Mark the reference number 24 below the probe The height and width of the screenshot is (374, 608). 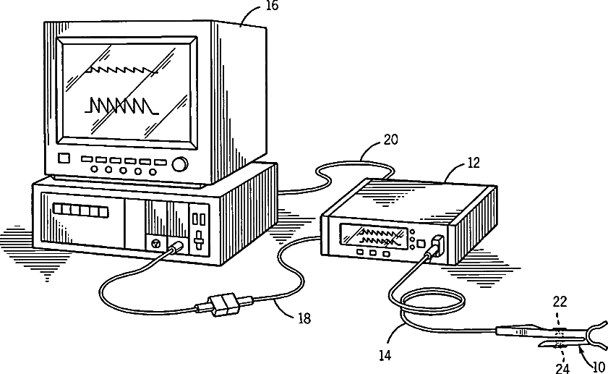[562, 367]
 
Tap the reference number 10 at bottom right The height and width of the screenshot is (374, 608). [598, 367]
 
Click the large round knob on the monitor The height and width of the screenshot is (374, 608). [179, 163]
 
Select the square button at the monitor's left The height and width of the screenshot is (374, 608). [64, 158]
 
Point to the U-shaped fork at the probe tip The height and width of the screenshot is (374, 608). [594, 336]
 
